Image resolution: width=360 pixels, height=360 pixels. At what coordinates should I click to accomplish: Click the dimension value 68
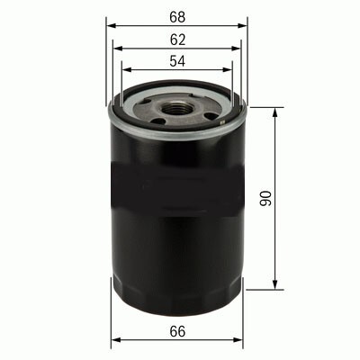(177, 17)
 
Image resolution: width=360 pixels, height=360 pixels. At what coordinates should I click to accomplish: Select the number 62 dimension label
(177, 40)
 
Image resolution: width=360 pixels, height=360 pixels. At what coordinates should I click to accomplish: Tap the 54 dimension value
(177, 61)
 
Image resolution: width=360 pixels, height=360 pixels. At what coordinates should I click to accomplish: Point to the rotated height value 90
(265, 198)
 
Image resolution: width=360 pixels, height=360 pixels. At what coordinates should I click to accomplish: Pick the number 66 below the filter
(177, 331)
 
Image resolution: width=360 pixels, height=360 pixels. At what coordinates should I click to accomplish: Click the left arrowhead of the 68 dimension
(111, 26)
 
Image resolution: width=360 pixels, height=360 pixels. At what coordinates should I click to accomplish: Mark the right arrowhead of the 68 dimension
(242, 26)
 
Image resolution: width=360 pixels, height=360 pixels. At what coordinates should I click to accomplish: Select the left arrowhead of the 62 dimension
(118, 49)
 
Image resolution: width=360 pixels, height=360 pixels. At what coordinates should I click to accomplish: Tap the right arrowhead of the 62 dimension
(236, 49)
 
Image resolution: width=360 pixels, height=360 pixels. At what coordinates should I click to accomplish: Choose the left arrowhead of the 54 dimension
(127, 69)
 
